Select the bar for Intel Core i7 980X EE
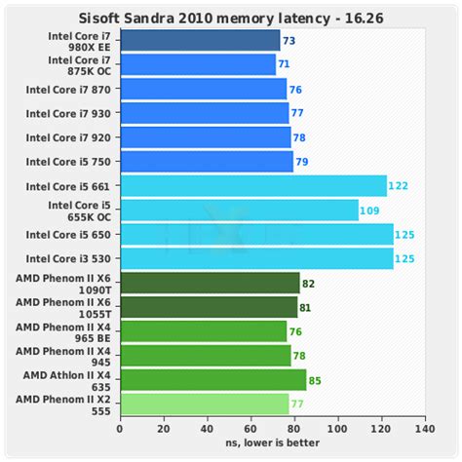[x=200, y=41]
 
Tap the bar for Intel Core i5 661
[x=253, y=185]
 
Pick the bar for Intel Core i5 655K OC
[x=239, y=210]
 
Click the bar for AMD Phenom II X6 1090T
[x=210, y=283]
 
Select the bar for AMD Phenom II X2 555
[x=204, y=403]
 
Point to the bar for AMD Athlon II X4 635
[x=212, y=378]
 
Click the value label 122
[x=398, y=185]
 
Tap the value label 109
[x=369, y=210]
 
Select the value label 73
[x=289, y=41]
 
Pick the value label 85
[x=316, y=378]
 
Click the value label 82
[x=309, y=283]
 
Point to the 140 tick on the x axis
[x=424, y=428]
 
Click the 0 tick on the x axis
[x=120, y=428]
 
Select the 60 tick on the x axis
[x=250, y=428]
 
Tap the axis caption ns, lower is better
[x=272, y=443]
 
